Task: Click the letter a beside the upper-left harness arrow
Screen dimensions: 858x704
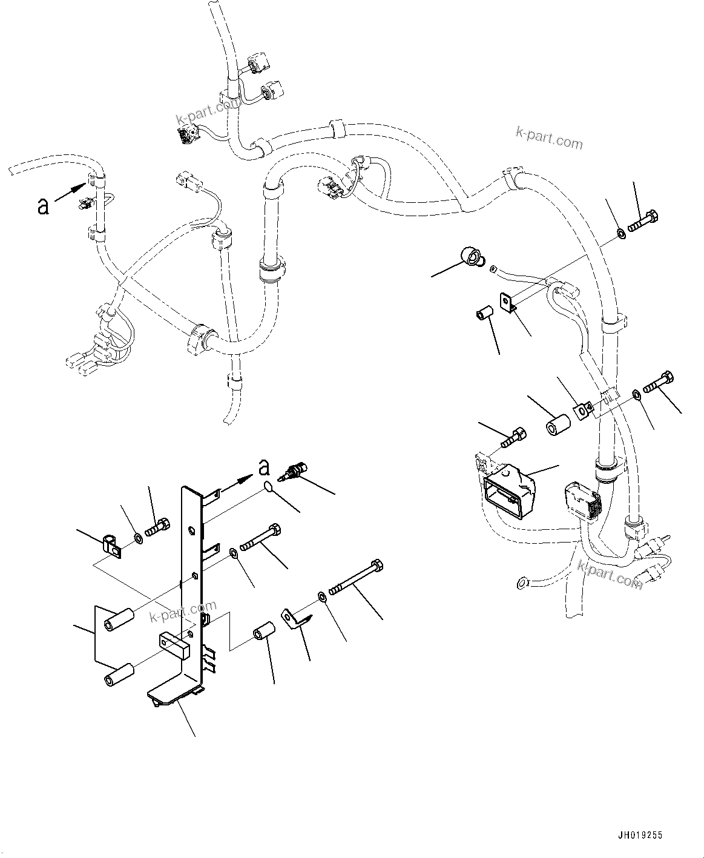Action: pyautogui.click(x=43, y=206)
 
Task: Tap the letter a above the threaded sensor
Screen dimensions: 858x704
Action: pyautogui.click(x=263, y=467)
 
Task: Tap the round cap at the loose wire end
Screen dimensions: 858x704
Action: pyautogui.click(x=470, y=257)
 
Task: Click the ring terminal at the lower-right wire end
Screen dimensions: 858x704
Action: pyautogui.click(x=521, y=584)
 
